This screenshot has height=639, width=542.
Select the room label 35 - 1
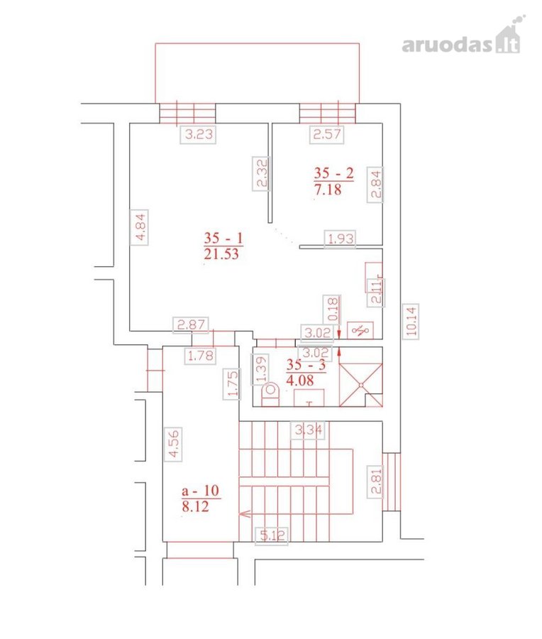pos(223,238)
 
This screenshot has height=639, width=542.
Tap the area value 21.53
pos(221,254)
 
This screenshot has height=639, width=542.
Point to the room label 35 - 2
pos(333,173)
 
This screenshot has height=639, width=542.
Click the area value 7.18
pos(328,190)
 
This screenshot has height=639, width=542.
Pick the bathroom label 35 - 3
pos(306,365)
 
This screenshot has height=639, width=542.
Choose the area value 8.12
pos(196,506)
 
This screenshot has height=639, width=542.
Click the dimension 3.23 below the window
pos(199,134)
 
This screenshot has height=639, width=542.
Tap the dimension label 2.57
pos(326,134)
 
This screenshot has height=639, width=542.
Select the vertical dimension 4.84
pos(140,227)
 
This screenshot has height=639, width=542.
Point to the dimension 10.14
pos(411,321)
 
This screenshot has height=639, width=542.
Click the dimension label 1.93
pos(340,239)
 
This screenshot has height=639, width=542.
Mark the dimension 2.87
pos(191,324)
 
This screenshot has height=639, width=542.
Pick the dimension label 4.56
pos(173,444)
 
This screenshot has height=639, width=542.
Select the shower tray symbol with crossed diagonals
pos(361,385)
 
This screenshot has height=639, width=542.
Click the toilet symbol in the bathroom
pos(270,395)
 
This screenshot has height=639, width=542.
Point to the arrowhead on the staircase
pos(245,513)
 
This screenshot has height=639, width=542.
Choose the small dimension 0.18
pos(331,309)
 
